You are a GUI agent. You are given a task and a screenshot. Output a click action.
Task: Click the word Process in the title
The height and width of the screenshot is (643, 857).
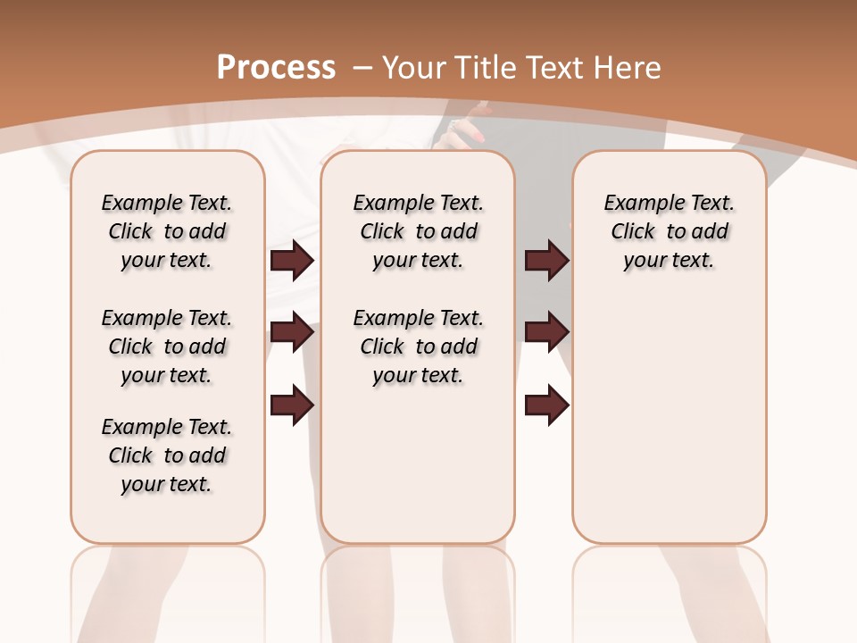click(x=276, y=68)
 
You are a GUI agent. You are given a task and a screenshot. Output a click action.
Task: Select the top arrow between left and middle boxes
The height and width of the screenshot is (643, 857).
click(x=292, y=261)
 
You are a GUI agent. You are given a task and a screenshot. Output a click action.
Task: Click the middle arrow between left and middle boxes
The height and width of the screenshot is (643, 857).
click(x=292, y=333)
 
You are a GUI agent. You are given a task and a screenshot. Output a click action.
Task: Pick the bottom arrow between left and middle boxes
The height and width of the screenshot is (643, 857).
click(x=292, y=405)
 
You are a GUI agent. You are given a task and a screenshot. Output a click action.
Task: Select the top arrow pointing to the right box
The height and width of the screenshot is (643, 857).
click(x=546, y=261)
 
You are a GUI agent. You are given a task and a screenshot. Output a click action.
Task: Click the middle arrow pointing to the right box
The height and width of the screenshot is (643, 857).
click(x=546, y=333)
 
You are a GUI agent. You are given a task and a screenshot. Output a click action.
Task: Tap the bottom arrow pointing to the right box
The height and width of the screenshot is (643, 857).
click(x=546, y=405)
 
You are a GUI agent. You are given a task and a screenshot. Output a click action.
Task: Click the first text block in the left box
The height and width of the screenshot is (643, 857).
click(x=167, y=231)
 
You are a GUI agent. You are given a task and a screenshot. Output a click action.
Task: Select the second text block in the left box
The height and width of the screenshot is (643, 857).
click(x=167, y=347)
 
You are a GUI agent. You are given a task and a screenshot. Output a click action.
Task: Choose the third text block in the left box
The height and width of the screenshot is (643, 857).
click(x=167, y=455)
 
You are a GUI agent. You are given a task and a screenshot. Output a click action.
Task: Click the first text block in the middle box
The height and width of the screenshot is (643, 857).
click(x=418, y=231)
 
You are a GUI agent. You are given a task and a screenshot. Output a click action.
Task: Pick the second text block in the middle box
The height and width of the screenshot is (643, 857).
click(x=418, y=347)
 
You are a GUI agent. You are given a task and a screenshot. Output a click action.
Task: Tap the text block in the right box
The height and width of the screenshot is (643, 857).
click(x=669, y=231)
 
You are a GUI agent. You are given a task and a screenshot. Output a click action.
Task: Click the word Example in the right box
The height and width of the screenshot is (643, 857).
click(x=637, y=204)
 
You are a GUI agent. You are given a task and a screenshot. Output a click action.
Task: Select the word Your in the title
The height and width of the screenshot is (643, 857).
click(x=416, y=68)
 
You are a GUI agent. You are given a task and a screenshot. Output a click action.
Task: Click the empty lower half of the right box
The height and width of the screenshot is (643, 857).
click(x=669, y=429)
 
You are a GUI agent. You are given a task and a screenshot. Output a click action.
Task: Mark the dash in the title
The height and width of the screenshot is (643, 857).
click(x=362, y=68)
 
